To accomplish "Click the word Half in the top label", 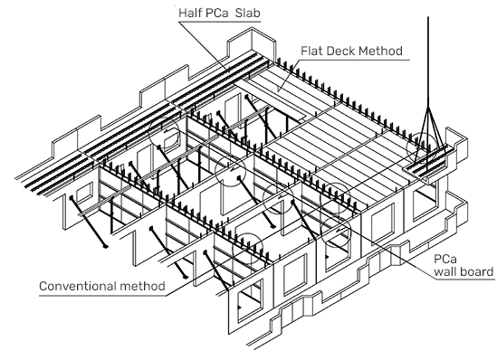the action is point(190,13).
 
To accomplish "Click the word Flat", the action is point(311,51).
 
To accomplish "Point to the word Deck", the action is point(339,51).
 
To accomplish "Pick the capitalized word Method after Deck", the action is point(378,51).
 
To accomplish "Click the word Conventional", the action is point(78,286).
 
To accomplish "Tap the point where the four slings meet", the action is point(428,107).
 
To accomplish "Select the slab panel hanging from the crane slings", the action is point(428,162).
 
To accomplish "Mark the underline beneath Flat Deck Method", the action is point(355,60).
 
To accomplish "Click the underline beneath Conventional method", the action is point(102,297).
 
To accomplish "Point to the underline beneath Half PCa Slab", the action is point(219,22).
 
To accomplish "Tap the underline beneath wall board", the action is point(464,279).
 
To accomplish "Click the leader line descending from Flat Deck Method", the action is point(290,75).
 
